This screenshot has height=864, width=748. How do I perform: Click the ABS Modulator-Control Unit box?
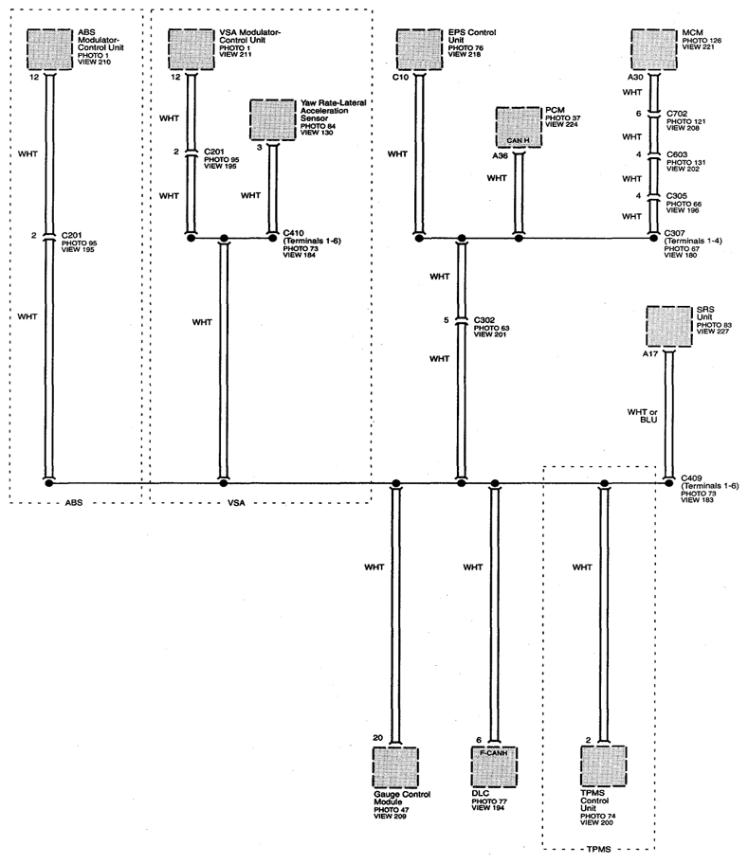50,49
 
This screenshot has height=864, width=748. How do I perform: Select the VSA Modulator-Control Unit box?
191,49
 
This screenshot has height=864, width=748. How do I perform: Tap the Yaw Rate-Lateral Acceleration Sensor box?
272,119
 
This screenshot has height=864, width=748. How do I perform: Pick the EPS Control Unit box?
419,49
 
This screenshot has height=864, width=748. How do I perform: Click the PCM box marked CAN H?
519,127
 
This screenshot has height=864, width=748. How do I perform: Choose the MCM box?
654,49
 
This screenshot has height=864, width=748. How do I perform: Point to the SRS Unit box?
668,326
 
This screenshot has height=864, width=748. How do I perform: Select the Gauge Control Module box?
395,767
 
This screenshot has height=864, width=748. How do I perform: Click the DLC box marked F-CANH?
495,766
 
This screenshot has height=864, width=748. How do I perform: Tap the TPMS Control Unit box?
604,766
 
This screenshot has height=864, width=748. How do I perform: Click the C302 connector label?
483,320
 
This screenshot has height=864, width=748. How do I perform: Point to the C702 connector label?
677,114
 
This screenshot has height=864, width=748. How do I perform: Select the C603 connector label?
677,154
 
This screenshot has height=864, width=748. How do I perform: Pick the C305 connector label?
676,196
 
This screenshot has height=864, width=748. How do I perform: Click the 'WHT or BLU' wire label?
642,416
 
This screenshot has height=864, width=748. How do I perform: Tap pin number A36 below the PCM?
500,156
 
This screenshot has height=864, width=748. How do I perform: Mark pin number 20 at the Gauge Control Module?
377,738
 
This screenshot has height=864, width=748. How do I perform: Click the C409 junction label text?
692,478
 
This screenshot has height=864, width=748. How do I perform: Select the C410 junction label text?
293,233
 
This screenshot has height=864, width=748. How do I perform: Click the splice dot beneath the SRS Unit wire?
668,483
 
